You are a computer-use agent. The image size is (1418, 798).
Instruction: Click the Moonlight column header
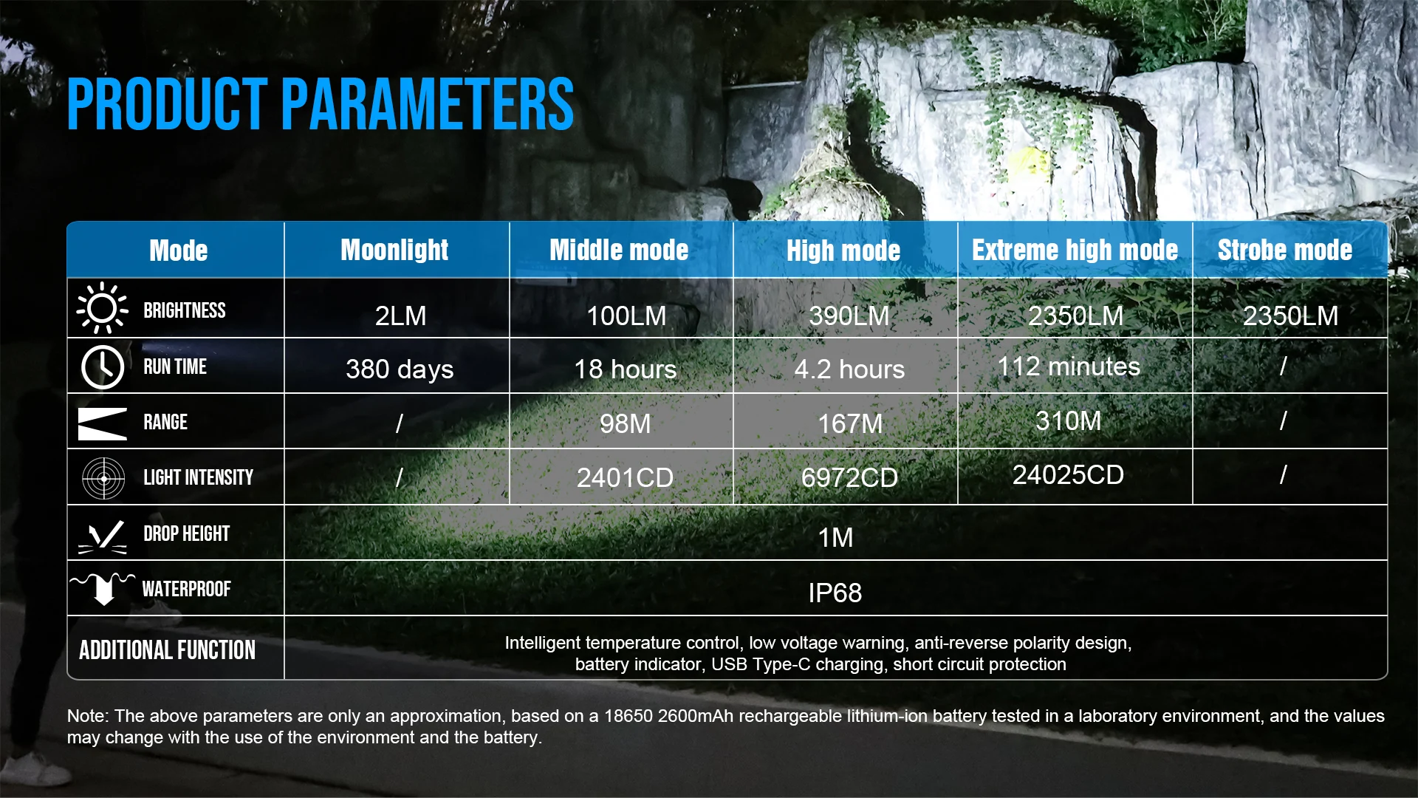coord(394,250)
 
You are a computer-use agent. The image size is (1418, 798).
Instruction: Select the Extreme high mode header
coord(1075,250)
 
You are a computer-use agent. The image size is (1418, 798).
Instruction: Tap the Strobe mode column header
coord(1285,250)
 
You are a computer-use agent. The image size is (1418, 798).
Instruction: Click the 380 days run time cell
coord(400,369)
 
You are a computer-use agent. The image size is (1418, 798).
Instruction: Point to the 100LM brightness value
coord(626,316)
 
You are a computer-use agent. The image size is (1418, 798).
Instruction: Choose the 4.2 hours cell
coord(849,369)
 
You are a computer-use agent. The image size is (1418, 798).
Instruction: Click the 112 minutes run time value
coord(1069,366)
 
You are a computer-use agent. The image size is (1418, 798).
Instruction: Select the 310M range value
coord(1068,420)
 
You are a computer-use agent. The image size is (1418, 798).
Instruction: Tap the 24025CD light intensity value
coord(1068,474)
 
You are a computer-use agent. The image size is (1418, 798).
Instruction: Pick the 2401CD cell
coord(625,477)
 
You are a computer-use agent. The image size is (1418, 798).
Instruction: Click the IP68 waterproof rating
coord(835,593)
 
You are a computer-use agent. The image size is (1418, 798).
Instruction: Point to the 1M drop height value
coord(835,537)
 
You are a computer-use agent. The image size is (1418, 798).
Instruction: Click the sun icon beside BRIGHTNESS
coord(102,308)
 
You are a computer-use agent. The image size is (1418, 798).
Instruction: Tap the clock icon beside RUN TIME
coord(103,366)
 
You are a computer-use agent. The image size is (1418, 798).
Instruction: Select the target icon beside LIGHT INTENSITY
coord(103,478)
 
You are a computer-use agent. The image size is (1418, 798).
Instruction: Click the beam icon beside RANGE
coord(103,423)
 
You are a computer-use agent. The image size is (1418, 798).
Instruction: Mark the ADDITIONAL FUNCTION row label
coord(168,649)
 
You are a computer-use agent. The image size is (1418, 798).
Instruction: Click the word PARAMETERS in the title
coord(428,104)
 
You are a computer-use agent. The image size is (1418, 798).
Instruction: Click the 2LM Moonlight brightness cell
coord(400,316)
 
